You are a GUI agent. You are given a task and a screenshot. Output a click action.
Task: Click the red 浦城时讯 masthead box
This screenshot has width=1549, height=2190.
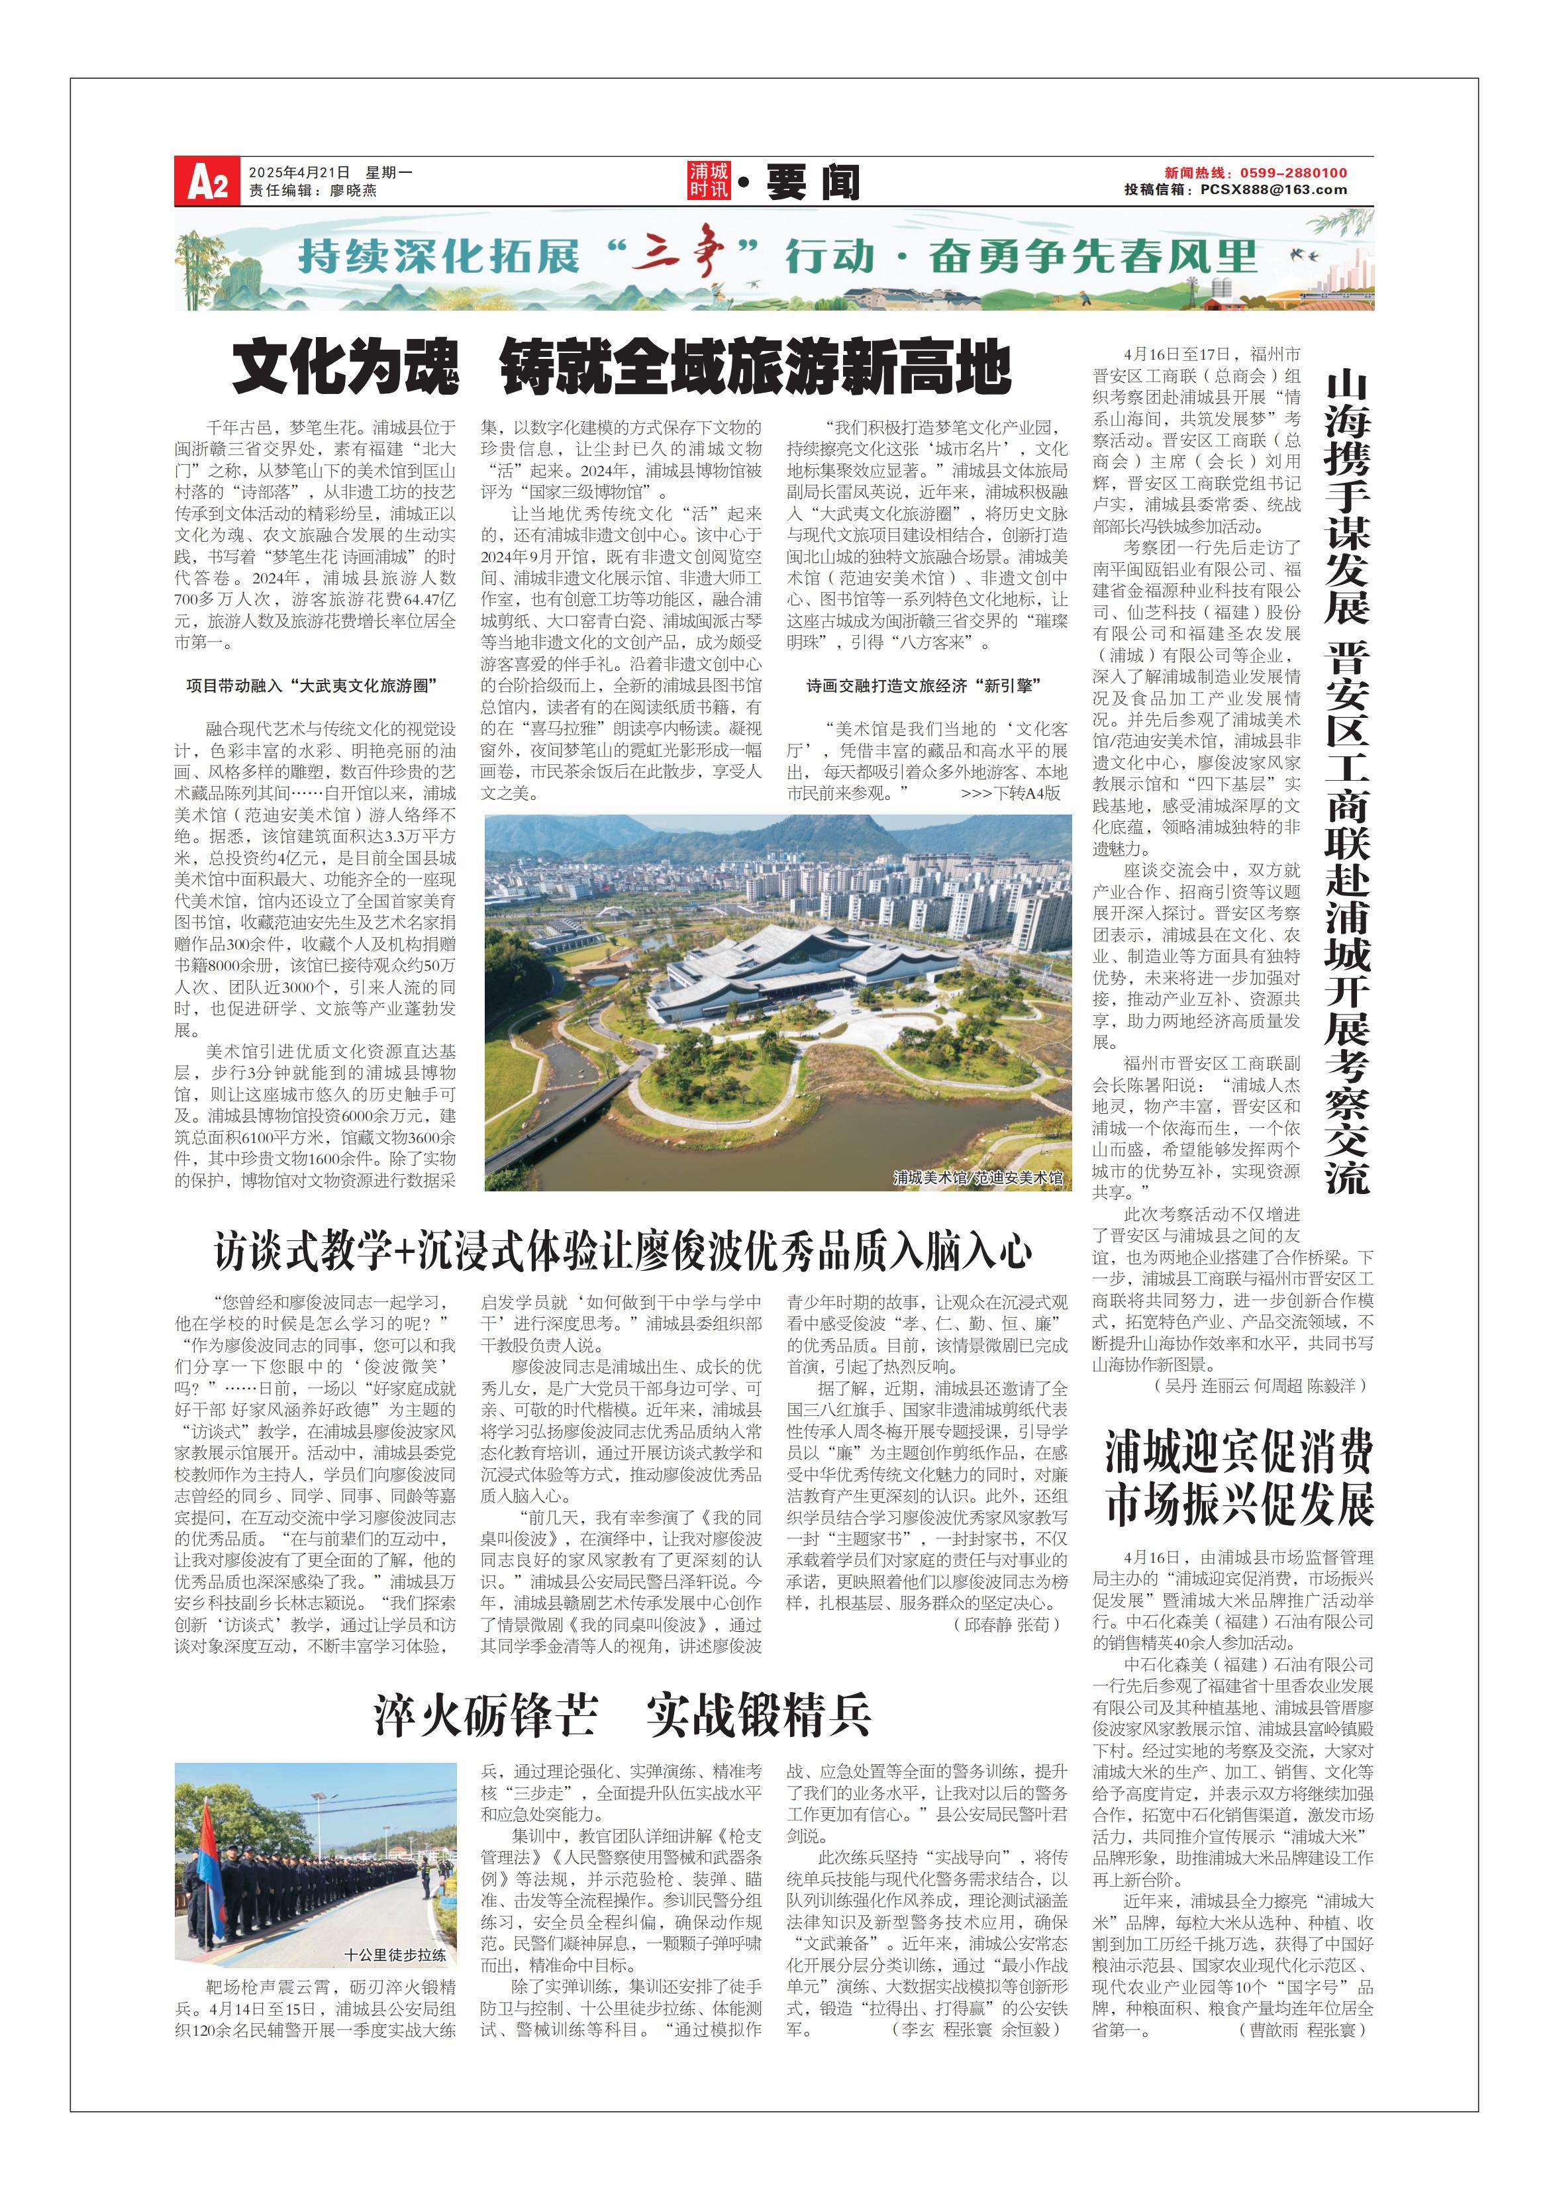(709, 180)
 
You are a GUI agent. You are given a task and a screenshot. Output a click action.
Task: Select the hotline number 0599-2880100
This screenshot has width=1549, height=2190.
(1293, 173)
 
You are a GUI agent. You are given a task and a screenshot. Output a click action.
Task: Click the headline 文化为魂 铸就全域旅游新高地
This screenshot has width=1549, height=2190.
(621, 368)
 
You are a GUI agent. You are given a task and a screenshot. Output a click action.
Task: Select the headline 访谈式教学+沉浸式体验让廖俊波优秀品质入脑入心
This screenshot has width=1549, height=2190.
(622, 1250)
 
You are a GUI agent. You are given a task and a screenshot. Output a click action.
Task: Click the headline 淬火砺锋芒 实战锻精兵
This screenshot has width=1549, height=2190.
(622, 1714)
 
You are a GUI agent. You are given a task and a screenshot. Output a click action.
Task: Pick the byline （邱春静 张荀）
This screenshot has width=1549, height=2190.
(1006, 1623)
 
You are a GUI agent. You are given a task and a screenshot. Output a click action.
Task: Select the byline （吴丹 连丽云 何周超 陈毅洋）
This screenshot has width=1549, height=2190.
(1258, 1385)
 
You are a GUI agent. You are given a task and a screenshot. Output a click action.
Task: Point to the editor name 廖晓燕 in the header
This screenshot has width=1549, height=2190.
(353, 190)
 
